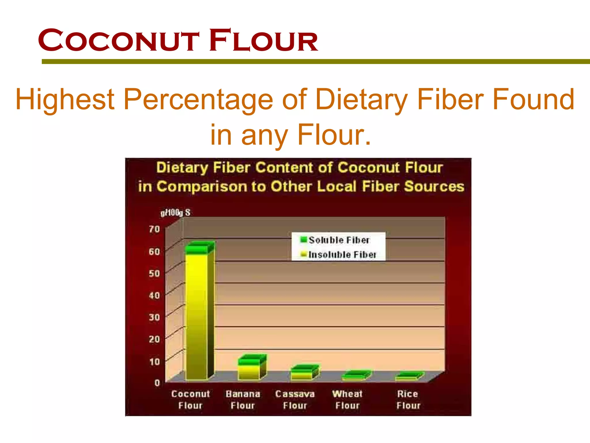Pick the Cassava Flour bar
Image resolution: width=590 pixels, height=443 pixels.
pyautogui.click(x=301, y=373)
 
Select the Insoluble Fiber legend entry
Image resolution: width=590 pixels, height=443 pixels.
pyautogui.click(x=338, y=254)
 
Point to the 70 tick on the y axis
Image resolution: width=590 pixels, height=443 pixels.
pyautogui.click(x=154, y=229)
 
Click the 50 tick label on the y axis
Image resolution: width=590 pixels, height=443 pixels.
pyautogui.click(x=154, y=273)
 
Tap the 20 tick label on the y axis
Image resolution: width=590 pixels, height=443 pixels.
pyautogui.click(x=154, y=339)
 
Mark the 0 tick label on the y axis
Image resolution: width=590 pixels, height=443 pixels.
pyautogui.click(x=157, y=383)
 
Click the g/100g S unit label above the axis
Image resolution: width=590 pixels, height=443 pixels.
pyautogui.click(x=175, y=213)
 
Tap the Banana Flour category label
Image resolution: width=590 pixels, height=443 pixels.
pyautogui.click(x=243, y=400)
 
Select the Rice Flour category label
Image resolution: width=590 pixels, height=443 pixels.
pyautogui.click(x=408, y=400)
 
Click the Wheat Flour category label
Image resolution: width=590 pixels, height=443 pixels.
pyautogui.click(x=347, y=400)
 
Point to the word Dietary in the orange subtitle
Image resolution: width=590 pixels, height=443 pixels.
pyautogui.click(x=362, y=100)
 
